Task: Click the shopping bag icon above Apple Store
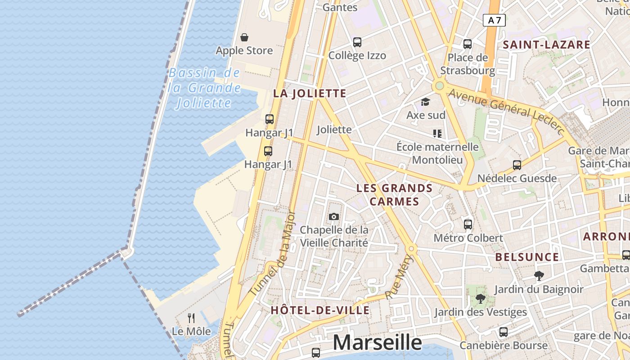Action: tap(244, 37)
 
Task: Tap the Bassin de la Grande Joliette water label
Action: tap(205, 88)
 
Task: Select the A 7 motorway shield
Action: tap(494, 20)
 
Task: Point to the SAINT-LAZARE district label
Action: tap(546, 45)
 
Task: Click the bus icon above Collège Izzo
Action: tap(357, 42)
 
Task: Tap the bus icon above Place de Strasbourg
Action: tap(468, 44)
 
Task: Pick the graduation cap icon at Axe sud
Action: tap(425, 102)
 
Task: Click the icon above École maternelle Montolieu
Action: tap(437, 133)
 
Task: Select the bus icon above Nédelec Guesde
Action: tap(517, 165)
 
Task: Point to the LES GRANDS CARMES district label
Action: tap(395, 194)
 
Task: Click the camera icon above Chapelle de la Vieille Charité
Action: tap(333, 216)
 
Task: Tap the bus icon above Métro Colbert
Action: tap(468, 224)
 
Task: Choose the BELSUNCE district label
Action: tap(527, 257)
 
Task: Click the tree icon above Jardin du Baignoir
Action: tap(539, 276)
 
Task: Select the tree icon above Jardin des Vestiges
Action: tap(481, 298)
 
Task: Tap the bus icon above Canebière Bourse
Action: tap(504, 332)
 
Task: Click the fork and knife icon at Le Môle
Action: tap(191, 318)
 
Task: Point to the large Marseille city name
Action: tap(377, 343)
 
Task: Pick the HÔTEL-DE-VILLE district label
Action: tap(320, 310)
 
